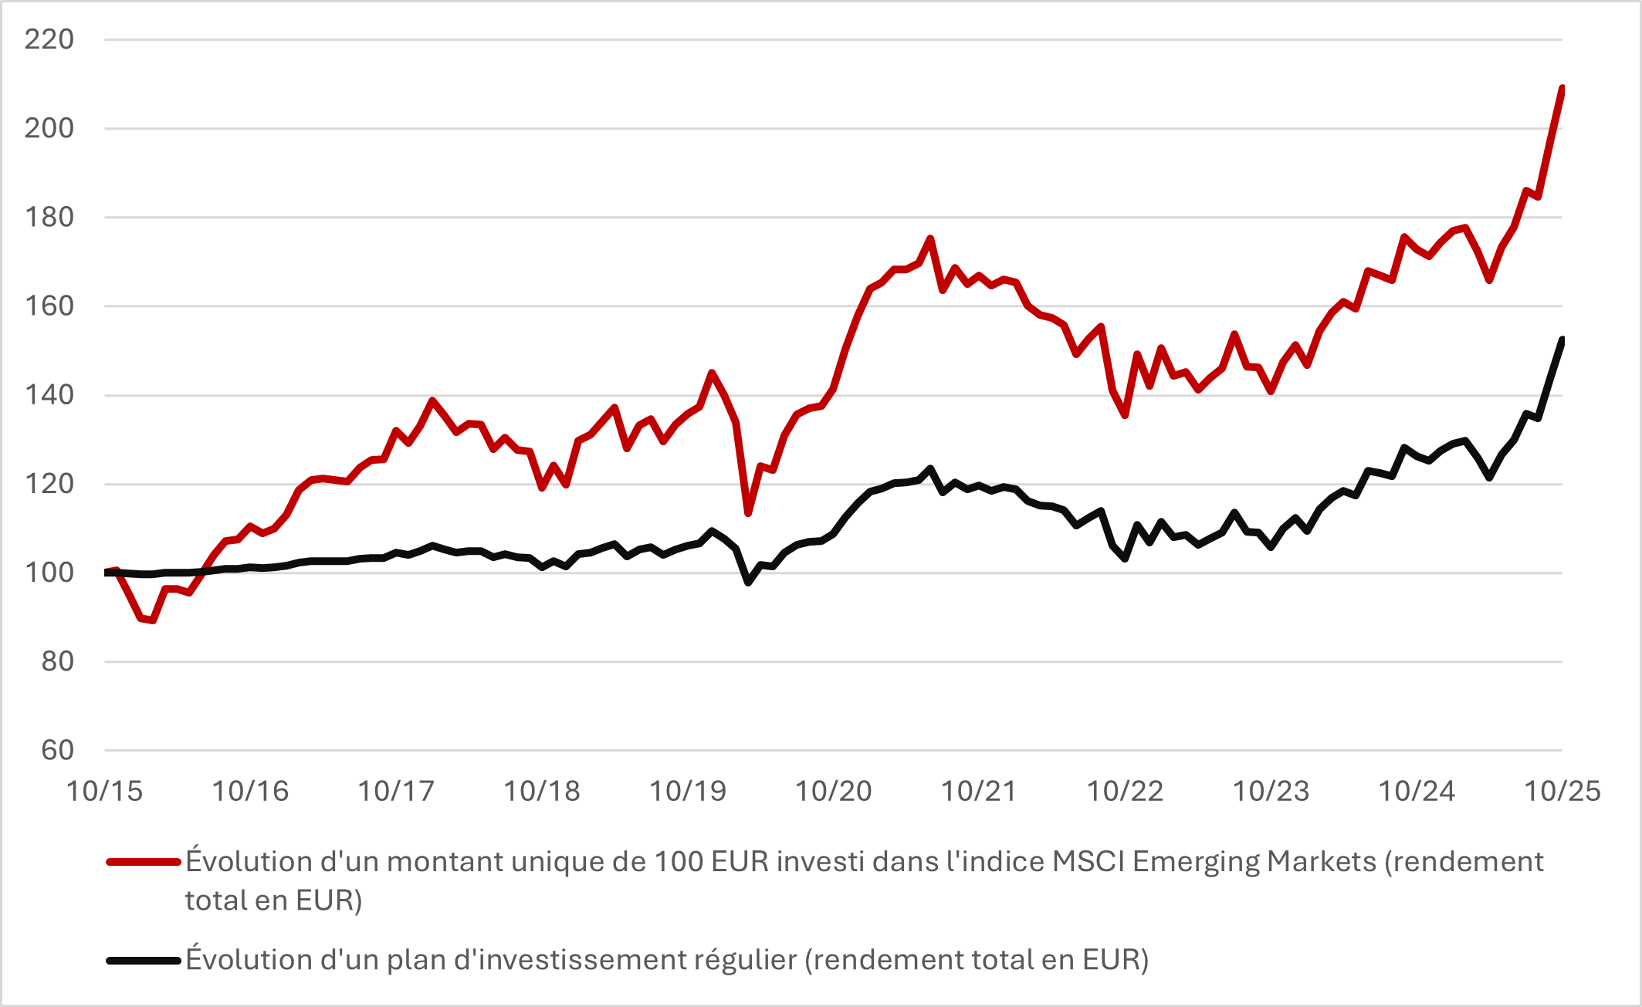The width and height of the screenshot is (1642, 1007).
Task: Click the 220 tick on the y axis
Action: (49, 39)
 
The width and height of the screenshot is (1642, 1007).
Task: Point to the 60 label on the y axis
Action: (57, 750)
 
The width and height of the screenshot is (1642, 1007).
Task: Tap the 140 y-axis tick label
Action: (49, 395)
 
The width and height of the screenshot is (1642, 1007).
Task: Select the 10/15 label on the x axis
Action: (104, 791)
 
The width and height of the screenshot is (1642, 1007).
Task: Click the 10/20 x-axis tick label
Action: (833, 791)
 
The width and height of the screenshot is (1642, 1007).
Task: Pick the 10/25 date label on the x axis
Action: (1562, 791)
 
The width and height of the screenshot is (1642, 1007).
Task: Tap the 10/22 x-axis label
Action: (1125, 791)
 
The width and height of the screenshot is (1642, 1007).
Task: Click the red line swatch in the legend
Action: (143, 862)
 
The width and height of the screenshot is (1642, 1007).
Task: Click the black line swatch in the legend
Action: (143, 961)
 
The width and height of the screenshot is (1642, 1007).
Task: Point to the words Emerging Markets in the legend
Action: (1254, 862)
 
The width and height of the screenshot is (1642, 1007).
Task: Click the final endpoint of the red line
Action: (1562, 89)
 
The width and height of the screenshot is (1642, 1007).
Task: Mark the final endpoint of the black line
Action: (1562, 340)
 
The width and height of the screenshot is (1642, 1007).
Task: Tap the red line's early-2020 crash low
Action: (748, 513)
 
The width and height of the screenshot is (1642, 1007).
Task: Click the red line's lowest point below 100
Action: (153, 620)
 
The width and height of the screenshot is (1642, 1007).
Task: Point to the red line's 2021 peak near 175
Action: (930, 238)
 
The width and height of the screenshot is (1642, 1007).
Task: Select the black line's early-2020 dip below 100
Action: (748, 583)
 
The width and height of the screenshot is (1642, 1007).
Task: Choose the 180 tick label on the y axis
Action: (49, 218)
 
